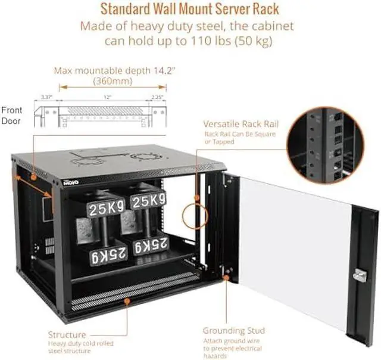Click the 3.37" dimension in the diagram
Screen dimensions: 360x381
pos(47,97)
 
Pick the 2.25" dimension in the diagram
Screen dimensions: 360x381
pos(158,97)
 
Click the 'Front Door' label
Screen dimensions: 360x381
pos(12,115)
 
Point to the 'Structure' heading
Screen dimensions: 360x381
pos(66,334)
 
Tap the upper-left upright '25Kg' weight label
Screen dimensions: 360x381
pos(107,207)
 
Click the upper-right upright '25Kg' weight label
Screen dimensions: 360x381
pos(148,200)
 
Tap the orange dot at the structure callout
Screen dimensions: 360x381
pos(127,301)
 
